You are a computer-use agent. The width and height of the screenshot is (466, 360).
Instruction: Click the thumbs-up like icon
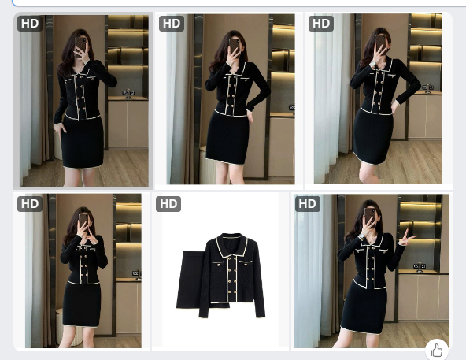437,351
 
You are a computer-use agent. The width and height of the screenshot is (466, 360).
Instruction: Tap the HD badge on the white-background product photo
168,204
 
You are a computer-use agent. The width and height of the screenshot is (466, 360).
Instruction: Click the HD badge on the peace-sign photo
307,204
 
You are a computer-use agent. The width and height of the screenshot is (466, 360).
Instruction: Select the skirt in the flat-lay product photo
190,280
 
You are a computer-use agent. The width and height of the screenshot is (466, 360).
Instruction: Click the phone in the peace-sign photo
369,216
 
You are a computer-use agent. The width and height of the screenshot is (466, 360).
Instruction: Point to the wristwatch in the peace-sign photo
361,236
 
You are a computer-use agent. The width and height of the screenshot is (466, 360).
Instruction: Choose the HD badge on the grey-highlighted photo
30,24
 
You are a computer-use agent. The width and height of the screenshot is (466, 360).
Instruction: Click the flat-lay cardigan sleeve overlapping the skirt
205,286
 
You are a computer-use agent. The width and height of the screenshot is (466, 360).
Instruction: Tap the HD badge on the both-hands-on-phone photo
30,204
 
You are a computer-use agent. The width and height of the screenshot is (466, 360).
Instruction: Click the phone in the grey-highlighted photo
80,46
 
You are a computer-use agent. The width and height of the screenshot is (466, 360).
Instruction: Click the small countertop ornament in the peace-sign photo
420,267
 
